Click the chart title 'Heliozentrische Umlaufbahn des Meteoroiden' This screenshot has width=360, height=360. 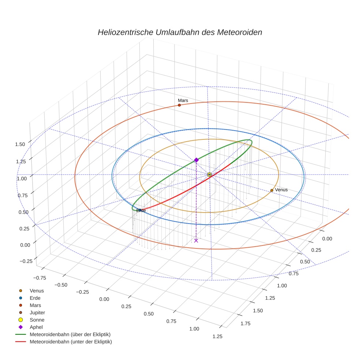180,32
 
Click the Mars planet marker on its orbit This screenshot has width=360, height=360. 179,105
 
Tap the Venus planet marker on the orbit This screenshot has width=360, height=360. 271,190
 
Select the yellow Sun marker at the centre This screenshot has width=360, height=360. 209,175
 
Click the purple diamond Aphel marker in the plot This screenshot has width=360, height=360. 196,160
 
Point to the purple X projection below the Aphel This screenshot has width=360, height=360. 196,240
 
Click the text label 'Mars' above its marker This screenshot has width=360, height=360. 183,100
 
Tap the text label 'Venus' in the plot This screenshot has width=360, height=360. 281,190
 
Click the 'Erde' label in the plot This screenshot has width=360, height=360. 141,210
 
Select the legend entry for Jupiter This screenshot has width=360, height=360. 37,312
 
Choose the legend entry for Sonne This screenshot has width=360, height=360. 37,320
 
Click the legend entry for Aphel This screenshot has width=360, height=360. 36,327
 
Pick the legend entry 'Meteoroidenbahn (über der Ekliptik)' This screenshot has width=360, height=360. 70,334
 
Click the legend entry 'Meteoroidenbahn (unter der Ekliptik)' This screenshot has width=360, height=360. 71,342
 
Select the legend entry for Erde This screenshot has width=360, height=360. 35,298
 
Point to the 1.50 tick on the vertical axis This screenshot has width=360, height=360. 20,144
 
